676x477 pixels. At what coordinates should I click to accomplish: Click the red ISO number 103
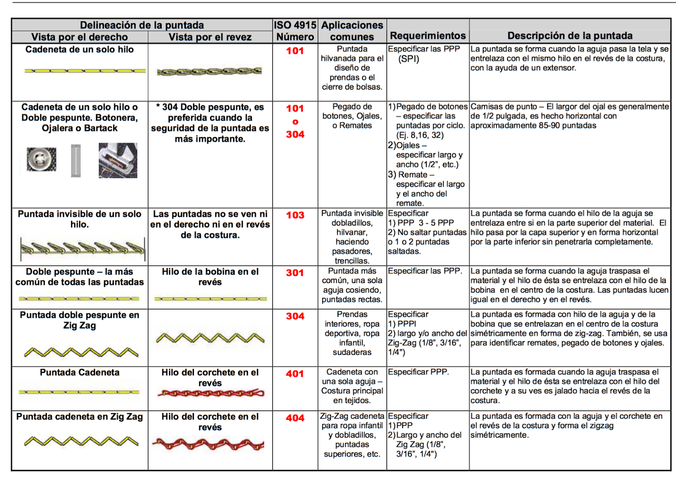click(x=295, y=215)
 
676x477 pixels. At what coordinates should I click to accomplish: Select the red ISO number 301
click(x=295, y=273)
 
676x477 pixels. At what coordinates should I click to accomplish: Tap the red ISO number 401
click(x=295, y=374)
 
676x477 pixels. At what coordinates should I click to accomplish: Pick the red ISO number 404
click(x=295, y=418)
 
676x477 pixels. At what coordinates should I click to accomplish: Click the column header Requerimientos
click(x=428, y=35)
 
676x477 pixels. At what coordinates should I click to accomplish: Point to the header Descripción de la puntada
click(x=570, y=35)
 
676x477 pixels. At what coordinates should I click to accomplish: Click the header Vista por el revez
click(x=210, y=37)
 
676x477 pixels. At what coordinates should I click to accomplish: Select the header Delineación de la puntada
click(x=142, y=25)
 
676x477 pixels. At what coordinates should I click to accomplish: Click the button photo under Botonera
click(x=41, y=159)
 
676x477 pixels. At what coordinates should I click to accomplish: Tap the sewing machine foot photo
click(x=118, y=160)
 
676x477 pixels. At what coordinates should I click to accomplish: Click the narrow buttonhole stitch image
click(x=76, y=161)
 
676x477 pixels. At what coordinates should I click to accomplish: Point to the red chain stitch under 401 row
click(x=210, y=393)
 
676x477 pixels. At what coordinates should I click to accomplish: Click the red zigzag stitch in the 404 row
click(x=208, y=444)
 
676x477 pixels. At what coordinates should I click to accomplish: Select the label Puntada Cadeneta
click(x=79, y=372)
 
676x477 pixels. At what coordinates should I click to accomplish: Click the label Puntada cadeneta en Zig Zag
click(x=79, y=417)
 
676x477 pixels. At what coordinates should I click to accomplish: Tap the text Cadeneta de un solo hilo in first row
click(x=79, y=49)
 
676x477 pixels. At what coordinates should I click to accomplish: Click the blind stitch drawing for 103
click(x=82, y=248)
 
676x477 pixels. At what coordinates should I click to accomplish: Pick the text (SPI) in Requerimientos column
click(x=409, y=59)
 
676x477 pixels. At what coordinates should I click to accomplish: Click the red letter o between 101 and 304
click(x=295, y=122)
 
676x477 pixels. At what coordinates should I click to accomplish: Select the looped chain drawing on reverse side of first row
click(x=209, y=72)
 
